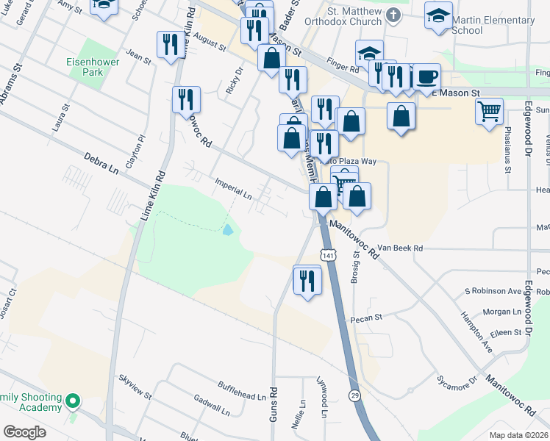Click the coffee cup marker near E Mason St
(x=426, y=76)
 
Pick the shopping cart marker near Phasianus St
(x=489, y=112)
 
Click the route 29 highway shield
(x=355, y=396)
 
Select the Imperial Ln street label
(x=233, y=189)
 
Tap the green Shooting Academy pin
(x=72, y=401)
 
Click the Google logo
(x=24, y=432)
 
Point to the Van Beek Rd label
(x=401, y=249)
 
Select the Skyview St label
(x=135, y=387)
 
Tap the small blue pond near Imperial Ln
(x=227, y=229)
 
